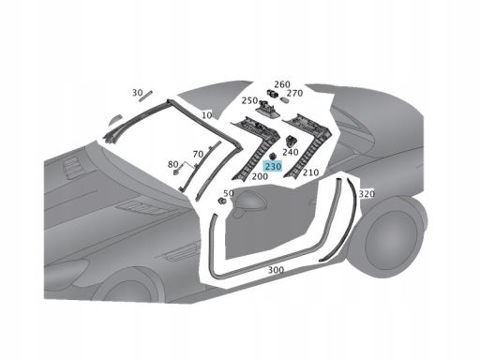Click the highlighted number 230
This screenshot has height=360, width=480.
pyautogui.click(x=273, y=166)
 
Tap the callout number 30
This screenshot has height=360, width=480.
pyautogui.click(x=138, y=93)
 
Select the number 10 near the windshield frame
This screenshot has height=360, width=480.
pyautogui.click(x=206, y=114)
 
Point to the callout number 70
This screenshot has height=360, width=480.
pyautogui.click(x=198, y=153)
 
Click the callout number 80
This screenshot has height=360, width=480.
pyautogui.click(x=172, y=165)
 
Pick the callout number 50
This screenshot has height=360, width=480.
pyautogui.click(x=229, y=193)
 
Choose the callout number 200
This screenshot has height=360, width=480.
pyautogui.click(x=260, y=175)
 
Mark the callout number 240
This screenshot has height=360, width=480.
pyautogui.click(x=290, y=152)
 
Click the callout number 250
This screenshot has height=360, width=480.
pyautogui.click(x=248, y=100)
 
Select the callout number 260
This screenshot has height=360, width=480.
pyautogui.click(x=282, y=84)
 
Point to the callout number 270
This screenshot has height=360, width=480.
pyautogui.click(x=295, y=93)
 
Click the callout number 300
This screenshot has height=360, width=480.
pyautogui.click(x=276, y=269)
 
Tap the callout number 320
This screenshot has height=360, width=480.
pyautogui.click(x=367, y=194)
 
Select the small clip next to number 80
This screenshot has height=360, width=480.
pyautogui.click(x=183, y=172)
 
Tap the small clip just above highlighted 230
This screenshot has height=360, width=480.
pyautogui.click(x=272, y=153)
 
